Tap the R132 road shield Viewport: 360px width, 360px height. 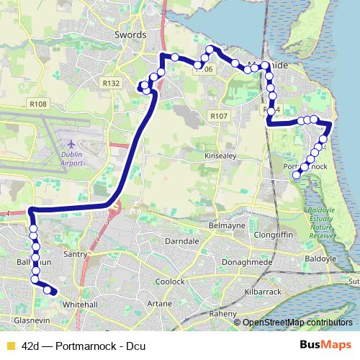[111, 84]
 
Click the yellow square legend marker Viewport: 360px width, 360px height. [9, 346]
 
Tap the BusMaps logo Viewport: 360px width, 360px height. [326, 346]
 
